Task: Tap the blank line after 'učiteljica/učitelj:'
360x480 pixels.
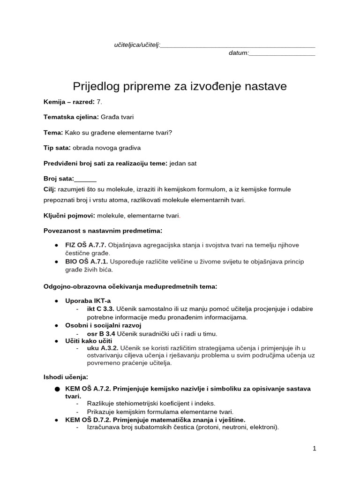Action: click(x=238, y=45)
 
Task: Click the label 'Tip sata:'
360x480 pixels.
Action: click(x=57, y=148)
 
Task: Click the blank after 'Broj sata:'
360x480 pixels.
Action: click(x=85, y=179)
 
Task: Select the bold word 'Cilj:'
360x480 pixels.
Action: click(x=50, y=189)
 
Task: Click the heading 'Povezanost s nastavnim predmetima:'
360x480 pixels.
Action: click(x=103, y=231)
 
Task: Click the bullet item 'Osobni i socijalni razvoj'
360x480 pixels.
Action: click(x=103, y=325)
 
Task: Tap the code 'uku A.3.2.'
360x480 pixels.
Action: click(x=103, y=347)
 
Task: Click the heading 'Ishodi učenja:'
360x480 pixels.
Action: click(x=66, y=377)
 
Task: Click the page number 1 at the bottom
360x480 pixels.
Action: click(x=315, y=449)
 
